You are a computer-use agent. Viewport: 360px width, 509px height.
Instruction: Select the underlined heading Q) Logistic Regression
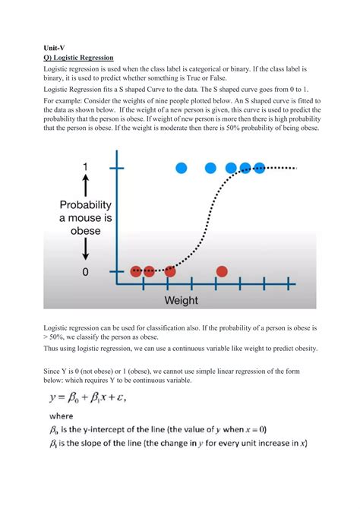(78, 57)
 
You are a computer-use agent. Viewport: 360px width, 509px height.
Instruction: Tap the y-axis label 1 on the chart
(86, 167)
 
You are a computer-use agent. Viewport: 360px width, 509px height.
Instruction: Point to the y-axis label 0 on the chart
(85, 271)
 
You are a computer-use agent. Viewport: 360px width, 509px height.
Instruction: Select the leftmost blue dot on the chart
(182, 168)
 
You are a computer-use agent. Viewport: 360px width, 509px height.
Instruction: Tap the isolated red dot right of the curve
(222, 271)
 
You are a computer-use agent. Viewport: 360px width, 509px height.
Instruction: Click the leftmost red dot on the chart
(136, 271)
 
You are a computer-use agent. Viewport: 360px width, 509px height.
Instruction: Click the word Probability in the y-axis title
(85, 205)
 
